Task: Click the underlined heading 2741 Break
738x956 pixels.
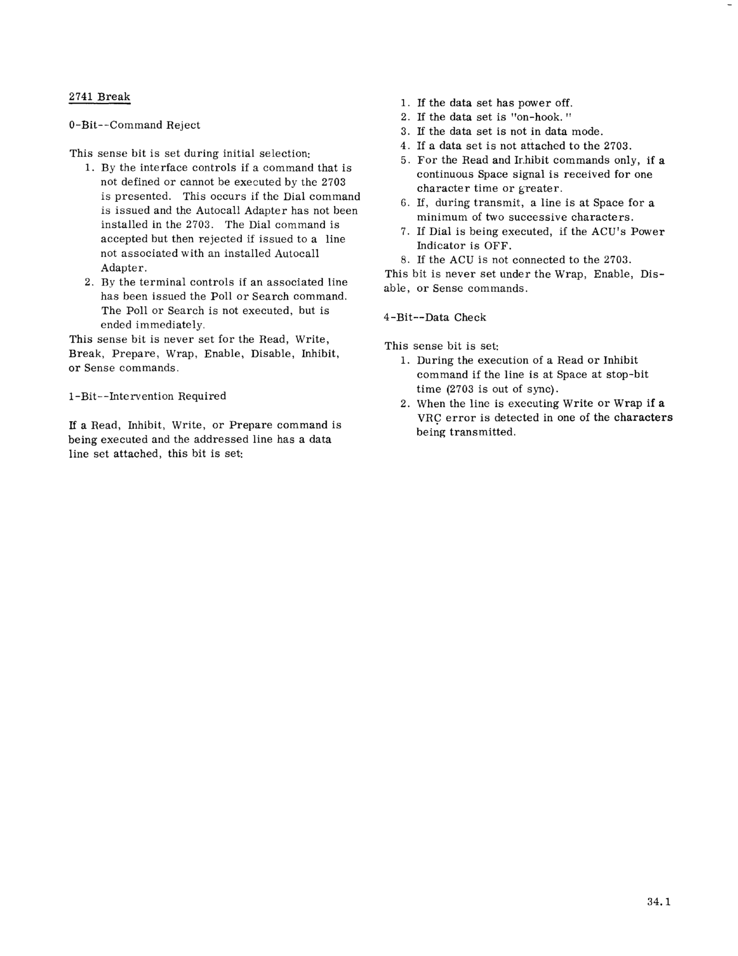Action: click(x=99, y=97)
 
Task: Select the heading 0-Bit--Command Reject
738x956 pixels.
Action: click(x=134, y=125)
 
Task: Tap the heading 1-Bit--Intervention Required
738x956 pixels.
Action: click(x=147, y=396)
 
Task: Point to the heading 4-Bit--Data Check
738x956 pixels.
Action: click(x=435, y=317)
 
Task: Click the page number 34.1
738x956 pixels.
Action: click(x=659, y=902)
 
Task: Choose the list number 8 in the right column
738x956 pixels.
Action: click(x=405, y=260)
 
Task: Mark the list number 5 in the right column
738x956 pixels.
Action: click(x=405, y=160)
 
